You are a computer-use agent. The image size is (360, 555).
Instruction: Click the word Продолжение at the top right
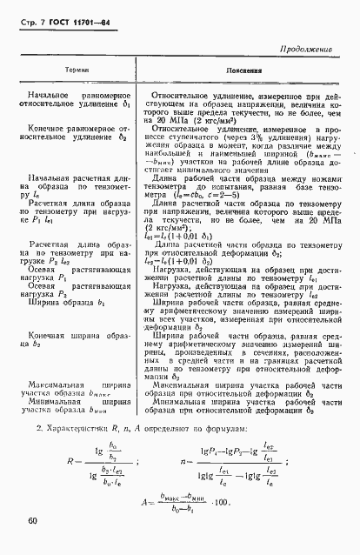[x=305, y=50]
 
